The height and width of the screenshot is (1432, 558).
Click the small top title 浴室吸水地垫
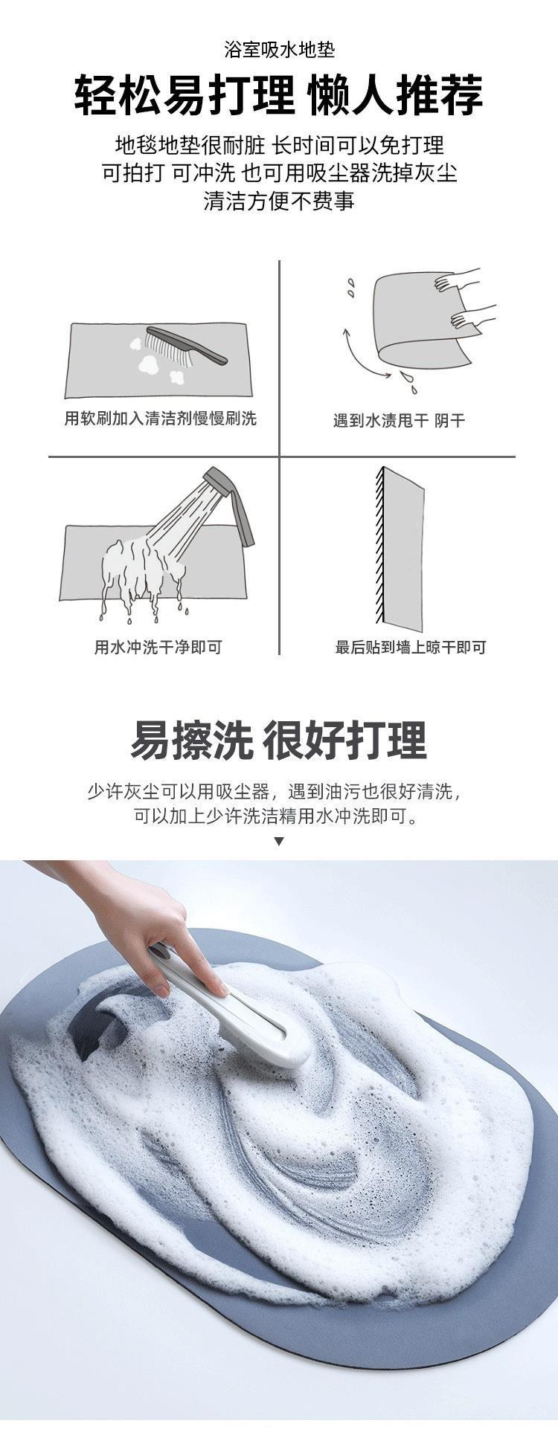coord(280,50)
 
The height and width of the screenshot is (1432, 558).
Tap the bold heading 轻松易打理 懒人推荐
coord(279,95)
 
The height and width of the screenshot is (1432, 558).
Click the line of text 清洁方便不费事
coord(279,201)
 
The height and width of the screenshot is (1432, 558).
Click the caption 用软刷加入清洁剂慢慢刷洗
coord(160,418)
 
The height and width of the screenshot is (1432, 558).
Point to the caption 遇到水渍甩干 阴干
coord(399,421)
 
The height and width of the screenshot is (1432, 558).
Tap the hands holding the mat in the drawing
coord(465,298)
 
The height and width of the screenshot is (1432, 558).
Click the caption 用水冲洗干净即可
coord(158,647)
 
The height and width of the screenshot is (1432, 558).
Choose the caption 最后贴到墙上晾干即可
coord(410,648)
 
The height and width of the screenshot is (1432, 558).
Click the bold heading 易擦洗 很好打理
coord(279,739)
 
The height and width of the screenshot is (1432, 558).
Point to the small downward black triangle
coord(279,842)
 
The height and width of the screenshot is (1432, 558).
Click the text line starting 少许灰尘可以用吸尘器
coord(279,792)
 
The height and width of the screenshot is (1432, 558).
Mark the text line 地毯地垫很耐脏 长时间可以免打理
coord(279,144)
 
